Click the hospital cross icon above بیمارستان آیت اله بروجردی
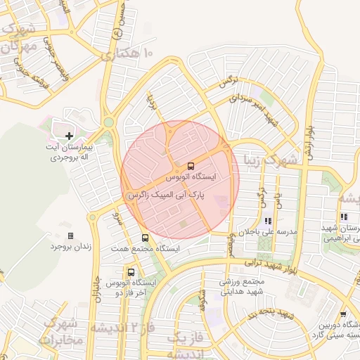click(69, 135)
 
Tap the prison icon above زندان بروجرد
click(70, 236)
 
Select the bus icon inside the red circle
click(191, 167)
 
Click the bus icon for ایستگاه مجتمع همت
click(145, 238)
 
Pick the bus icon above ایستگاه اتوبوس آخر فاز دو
click(131, 272)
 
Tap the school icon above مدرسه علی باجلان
click(268, 221)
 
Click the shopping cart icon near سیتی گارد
click(342, 314)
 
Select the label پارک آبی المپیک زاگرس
click(179, 192)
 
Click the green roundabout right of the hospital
click(108, 122)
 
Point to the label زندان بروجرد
click(70, 247)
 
